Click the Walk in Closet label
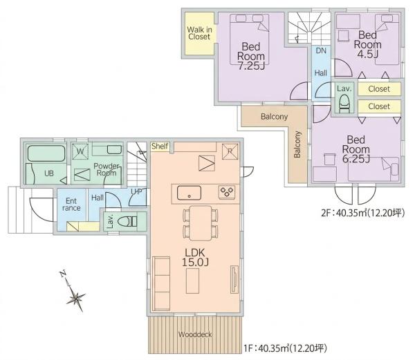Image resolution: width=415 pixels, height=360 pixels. click(200, 33)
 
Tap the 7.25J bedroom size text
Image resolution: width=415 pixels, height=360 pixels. click(251, 66)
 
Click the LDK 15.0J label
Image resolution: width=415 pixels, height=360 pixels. click(195, 258)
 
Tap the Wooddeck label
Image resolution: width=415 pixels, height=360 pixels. click(195, 334)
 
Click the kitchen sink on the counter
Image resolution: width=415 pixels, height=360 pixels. click(189, 193)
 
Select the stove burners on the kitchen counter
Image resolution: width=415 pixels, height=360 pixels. click(227, 192)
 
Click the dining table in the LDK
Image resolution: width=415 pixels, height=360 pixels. click(201, 223)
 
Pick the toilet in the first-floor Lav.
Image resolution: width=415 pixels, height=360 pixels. click(127, 222)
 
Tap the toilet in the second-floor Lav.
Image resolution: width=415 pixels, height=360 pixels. click(344, 104)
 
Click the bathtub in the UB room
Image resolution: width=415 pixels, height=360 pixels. click(46, 153)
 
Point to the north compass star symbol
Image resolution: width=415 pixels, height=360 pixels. click(75, 299)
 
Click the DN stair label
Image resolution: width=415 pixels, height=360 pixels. click(321, 50)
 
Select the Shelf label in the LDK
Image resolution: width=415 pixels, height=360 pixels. click(160, 146)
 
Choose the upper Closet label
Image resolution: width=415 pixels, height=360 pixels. click(379, 89)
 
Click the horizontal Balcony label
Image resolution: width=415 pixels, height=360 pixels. click(274, 117)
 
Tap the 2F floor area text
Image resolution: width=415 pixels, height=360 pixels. click(363, 213)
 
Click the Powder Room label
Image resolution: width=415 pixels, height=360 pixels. click(107, 169)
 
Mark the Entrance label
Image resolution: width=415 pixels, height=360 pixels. click(71, 205)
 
